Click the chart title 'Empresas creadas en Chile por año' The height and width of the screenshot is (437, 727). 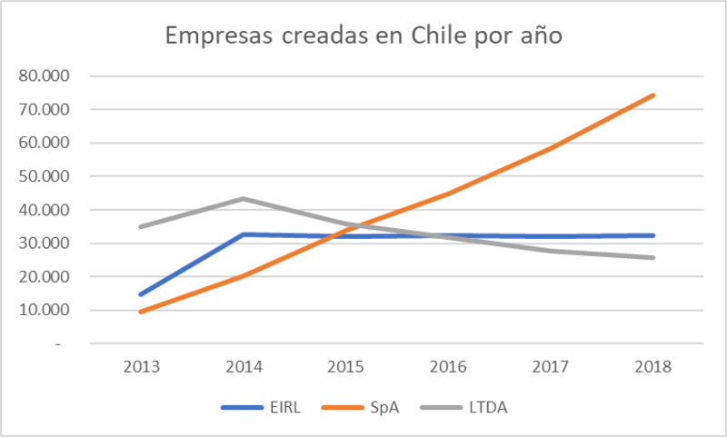(x=363, y=37)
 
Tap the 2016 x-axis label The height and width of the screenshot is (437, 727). (x=448, y=367)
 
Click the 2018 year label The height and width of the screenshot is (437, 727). (x=652, y=367)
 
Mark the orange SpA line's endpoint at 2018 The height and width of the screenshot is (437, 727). (x=652, y=95)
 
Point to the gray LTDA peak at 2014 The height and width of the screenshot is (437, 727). (x=244, y=199)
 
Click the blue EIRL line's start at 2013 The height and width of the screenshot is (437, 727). (x=141, y=294)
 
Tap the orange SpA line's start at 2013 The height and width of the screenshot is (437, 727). (x=141, y=312)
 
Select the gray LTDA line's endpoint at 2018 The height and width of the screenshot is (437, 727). (x=652, y=257)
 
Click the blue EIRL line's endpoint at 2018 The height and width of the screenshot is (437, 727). (x=652, y=235)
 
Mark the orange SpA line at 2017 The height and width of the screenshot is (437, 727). (x=551, y=148)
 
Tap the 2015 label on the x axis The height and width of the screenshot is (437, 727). (x=345, y=367)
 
